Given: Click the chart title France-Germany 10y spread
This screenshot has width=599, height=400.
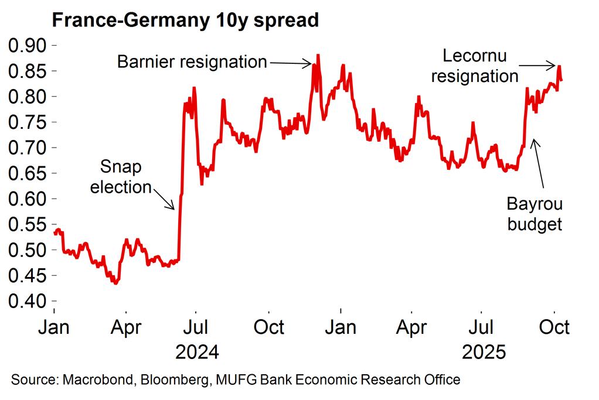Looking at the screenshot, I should [185, 20].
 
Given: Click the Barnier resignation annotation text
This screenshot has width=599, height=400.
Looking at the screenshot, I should [192, 61].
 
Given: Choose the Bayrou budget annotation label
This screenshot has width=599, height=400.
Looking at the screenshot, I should [534, 214].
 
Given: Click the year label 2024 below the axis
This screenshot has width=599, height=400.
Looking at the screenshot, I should [198, 353].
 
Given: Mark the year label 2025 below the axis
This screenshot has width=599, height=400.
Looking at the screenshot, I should [484, 353].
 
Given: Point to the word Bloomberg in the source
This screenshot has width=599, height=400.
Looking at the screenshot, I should [173, 380].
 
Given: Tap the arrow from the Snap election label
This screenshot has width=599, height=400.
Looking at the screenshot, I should [163, 197].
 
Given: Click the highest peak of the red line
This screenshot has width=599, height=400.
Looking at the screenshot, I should [318, 56].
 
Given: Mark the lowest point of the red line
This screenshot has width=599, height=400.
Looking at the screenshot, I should [115, 283].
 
